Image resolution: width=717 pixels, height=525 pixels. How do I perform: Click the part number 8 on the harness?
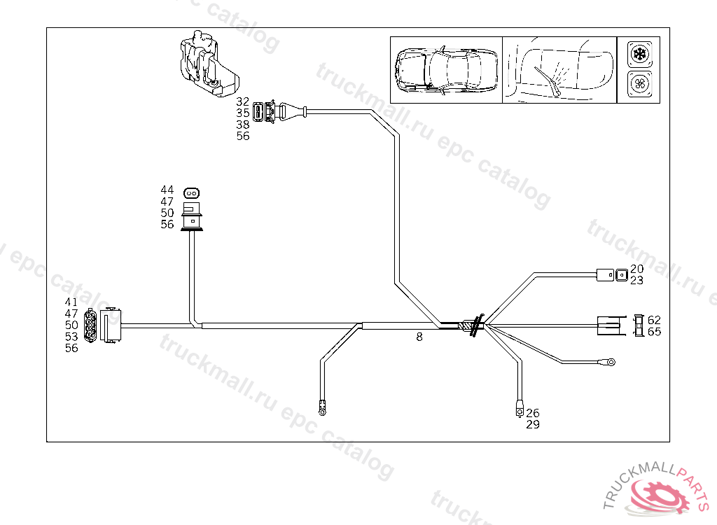point(419,337)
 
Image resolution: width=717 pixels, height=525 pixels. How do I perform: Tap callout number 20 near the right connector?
point(636,269)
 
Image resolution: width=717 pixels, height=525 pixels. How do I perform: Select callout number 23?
point(636,280)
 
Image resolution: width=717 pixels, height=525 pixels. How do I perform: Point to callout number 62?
point(654,320)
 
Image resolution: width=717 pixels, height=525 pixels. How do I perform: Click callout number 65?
point(654,331)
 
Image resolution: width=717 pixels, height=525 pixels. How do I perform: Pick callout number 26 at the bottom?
point(533,413)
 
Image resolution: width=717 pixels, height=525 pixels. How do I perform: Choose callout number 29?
point(533,424)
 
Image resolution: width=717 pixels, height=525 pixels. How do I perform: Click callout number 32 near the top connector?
point(243,101)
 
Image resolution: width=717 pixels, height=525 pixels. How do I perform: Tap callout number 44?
point(167,190)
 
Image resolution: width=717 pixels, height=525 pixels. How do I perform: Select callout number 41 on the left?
point(71,302)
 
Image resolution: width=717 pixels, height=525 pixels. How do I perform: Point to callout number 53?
point(71,337)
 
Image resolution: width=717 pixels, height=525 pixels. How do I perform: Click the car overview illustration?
point(445,70)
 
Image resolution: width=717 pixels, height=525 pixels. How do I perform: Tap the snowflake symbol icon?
point(639,54)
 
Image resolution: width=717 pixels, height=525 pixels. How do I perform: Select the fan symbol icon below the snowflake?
point(639,85)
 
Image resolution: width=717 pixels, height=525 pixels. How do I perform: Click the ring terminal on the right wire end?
point(611,362)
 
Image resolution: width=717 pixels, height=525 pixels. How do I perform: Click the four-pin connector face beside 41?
point(90,326)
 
